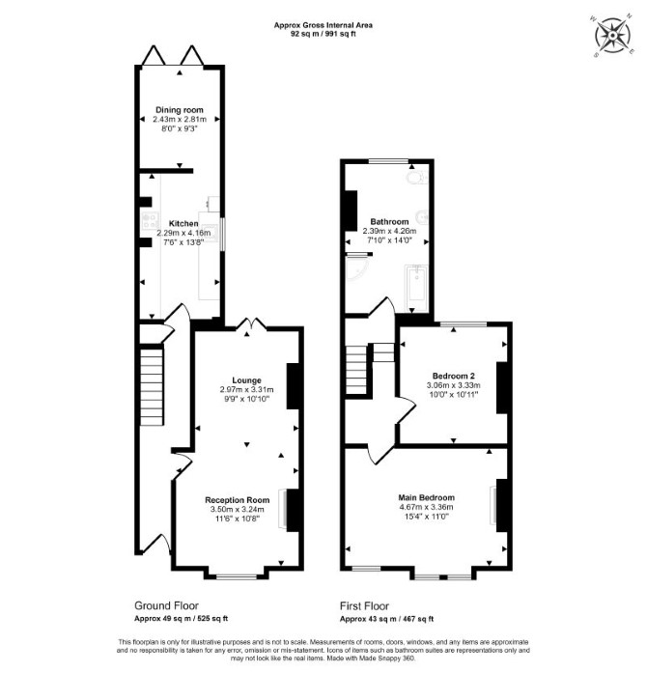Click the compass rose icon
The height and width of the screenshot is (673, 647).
click(x=612, y=36)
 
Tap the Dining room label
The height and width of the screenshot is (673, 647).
click(x=179, y=110)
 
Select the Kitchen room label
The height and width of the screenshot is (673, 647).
click(x=183, y=224)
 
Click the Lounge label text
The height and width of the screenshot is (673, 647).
click(x=246, y=380)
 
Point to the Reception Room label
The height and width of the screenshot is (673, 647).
click(x=237, y=500)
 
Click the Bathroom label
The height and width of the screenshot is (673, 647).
click(x=389, y=222)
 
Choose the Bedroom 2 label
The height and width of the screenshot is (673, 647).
click(x=453, y=376)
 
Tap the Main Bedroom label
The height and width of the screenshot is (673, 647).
click(x=426, y=497)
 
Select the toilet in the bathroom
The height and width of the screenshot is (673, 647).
click(x=416, y=177)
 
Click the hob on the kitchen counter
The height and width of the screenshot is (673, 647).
click(x=151, y=221)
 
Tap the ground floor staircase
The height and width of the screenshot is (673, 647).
click(x=152, y=387)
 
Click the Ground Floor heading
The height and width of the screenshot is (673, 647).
click(x=167, y=606)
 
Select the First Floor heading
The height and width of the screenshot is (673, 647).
click(x=364, y=606)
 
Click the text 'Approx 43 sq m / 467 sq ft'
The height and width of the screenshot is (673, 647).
click(x=387, y=619)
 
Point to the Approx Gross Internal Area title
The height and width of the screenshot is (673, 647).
click(x=323, y=25)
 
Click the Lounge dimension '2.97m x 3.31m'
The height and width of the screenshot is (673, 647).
click(x=246, y=390)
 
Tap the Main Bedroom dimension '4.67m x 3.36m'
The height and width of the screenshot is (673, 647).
click(x=426, y=507)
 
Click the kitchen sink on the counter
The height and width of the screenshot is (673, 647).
click(x=210, y=232)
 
